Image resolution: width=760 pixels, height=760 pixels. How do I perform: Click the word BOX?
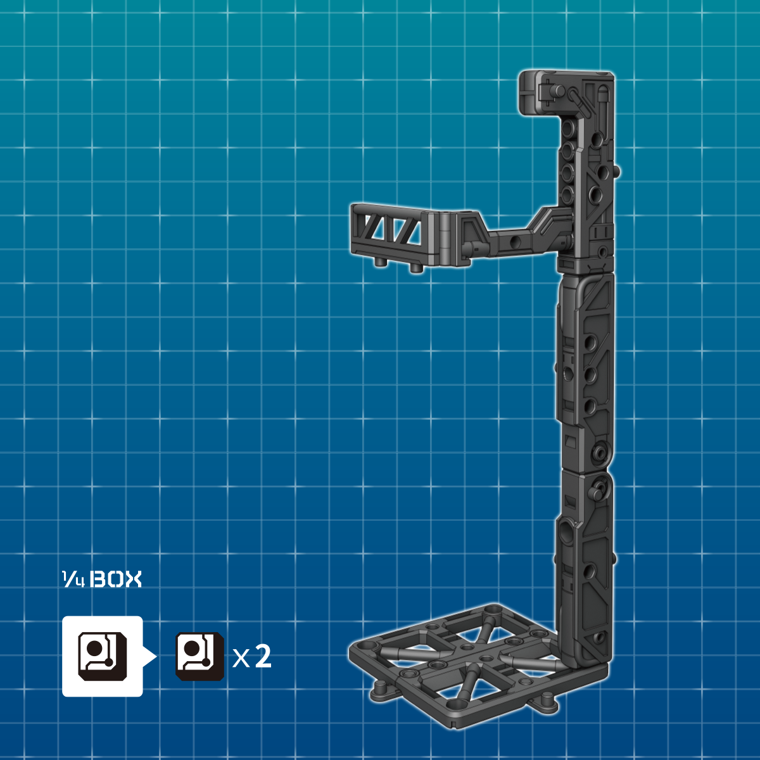(117, 579)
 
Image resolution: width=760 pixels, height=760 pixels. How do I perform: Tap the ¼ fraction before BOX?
(73, 579)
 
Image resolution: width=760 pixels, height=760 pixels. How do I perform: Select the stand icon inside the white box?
(102, 655)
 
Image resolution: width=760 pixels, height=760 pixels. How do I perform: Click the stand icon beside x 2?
(199, 656)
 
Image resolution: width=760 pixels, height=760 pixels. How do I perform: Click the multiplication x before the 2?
(241, 659)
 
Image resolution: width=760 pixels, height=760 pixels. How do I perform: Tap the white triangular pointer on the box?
(149, 656)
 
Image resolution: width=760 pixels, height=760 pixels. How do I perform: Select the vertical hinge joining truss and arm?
(447, 237)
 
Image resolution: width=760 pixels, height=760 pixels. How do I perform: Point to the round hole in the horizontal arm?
(514, 242)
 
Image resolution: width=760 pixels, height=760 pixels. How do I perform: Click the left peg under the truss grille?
(381, 263)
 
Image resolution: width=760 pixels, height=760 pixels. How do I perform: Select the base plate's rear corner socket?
(491, 611)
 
